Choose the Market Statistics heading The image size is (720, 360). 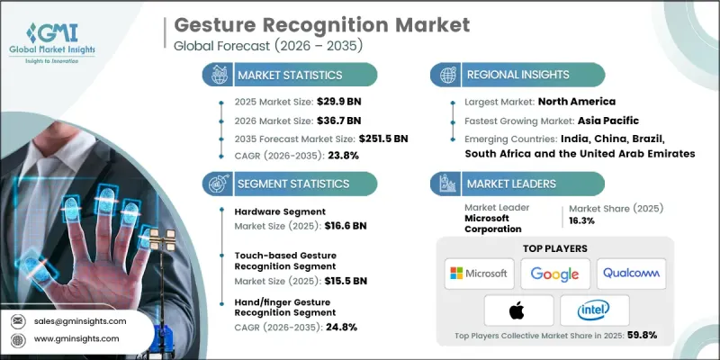[x=287, y=76]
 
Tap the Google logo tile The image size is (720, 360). [x=555, y=274]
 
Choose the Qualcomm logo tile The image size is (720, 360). [x=632, y=274]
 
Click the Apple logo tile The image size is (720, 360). [x=517, y=310]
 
